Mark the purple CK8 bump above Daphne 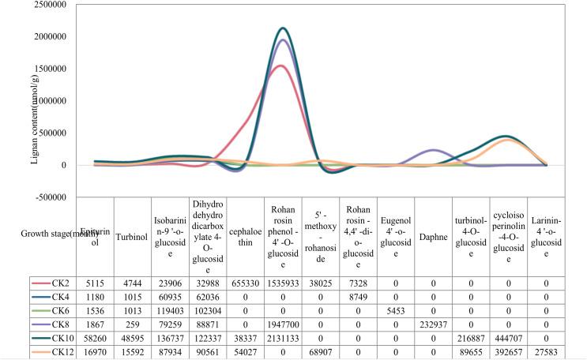(x=432, y=150)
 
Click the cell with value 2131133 (x=283, y=340)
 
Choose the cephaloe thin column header (x=246, y=235)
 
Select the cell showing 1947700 (x=283, y=326)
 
